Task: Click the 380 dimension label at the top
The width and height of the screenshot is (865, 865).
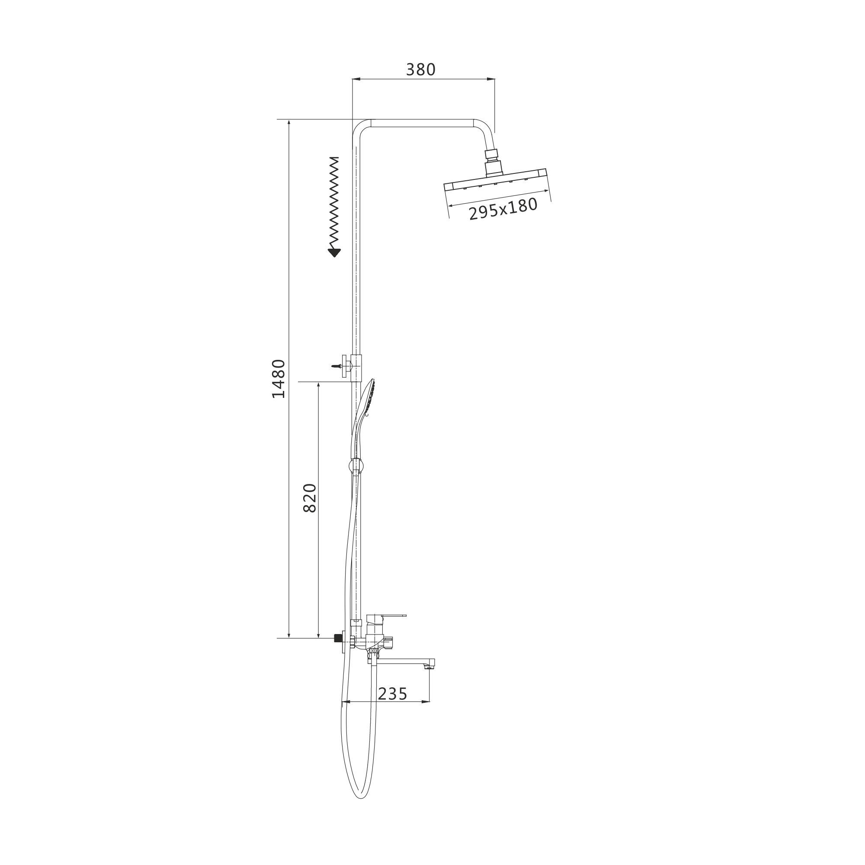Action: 420,69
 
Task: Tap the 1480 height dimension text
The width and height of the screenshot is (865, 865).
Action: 279,379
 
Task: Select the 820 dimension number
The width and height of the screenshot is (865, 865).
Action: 309,498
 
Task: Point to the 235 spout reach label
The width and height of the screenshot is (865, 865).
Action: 393,694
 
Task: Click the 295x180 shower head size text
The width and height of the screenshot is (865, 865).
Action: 503,208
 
